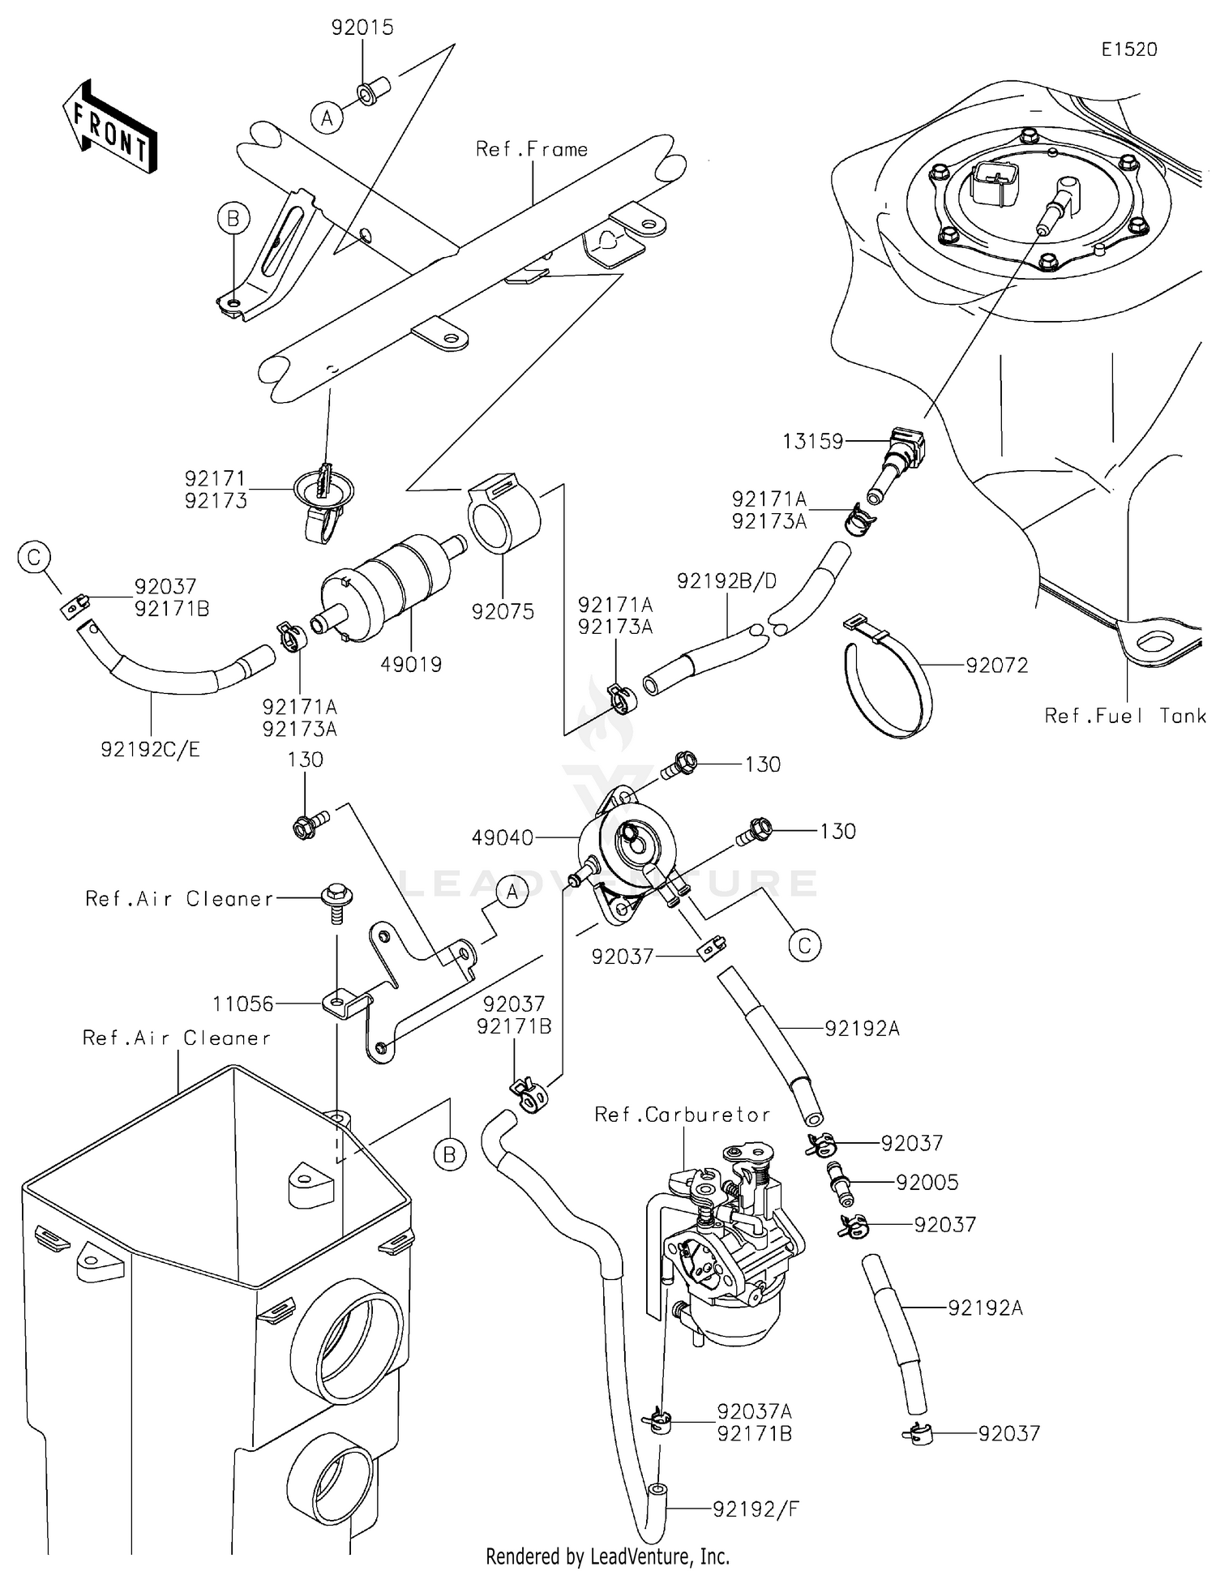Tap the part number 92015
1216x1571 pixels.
pyautogui.click(x=362, y=28)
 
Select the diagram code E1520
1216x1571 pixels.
pyautogui.click(x=1128, y=49)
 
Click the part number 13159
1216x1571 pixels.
pyautogui.click(x=812, y=441)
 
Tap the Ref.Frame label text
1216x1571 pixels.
pyautogui.click(x=531, y=149)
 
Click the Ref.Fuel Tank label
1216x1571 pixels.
pyautogui.click(x=1124, y=716)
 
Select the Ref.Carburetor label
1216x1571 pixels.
pyautogui.click(x=682, y=1115)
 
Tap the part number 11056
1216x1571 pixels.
pyautogui.click(x=242, y=1004)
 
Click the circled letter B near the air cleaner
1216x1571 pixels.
pyautogui.click(x=449, y=1154)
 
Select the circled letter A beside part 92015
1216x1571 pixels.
pyautogui.click(x=327, y=118)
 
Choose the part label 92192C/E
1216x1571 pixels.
pyautogui.click(x=150, y=750)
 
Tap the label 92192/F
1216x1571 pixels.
pyautogui.click(x=756, y=1509)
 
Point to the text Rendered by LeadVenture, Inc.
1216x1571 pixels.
pyautogui.click(x=607, y=1556)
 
